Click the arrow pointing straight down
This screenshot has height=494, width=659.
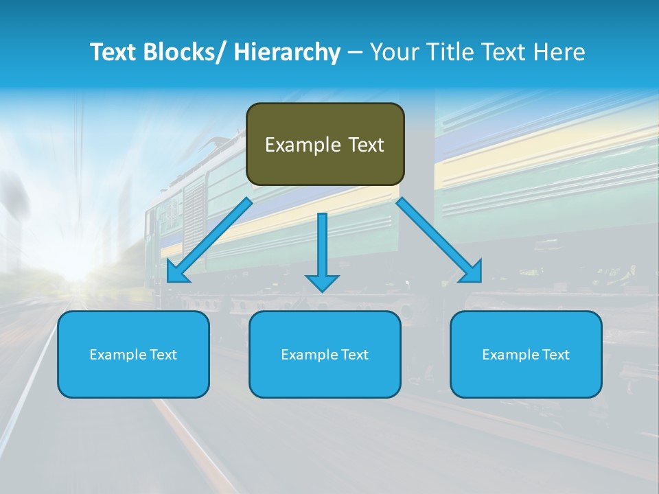[x=322, y=247]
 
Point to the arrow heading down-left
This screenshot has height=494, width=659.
[x=209, y=240]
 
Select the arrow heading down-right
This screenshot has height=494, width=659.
[x=439, y=240]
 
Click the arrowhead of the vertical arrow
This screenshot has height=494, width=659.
[x=322, y=282]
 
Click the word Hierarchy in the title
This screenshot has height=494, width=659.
[x=287, y=52]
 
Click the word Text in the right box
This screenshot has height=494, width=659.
[x=556, y=355]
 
